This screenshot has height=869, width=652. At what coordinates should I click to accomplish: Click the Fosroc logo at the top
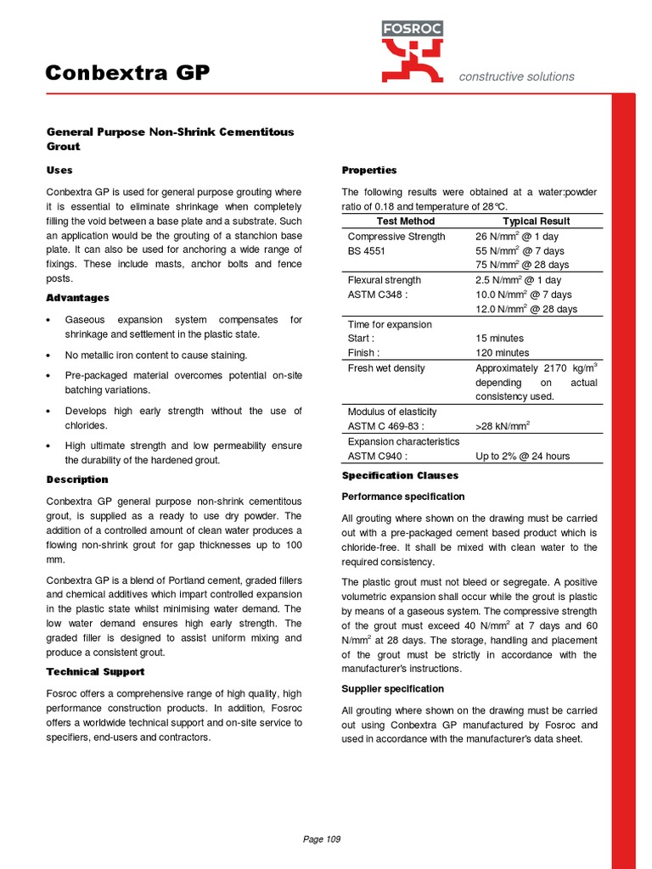tap(413, 52)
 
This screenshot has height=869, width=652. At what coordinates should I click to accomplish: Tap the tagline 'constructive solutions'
tap(516, 76)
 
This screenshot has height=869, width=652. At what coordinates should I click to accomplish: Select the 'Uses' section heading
tap(59, 171)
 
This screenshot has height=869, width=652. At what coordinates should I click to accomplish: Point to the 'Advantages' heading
tap(77, 298)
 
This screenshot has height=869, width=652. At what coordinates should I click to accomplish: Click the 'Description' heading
tap(77, 479)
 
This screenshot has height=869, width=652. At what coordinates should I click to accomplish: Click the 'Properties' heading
tap(369, 171)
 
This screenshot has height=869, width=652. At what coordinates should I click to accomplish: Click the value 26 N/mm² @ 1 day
tap(516, 237)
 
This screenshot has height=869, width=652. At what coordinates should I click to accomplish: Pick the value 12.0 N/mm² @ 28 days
tap(526, 309)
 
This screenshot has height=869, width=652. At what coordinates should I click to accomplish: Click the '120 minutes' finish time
tap(502, 352)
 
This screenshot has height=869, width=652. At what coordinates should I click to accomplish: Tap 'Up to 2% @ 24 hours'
tap(522, 456)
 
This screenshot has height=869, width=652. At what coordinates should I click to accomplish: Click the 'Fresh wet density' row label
tap(386, 368)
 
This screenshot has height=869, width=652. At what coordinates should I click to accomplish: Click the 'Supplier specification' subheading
tap(392, 688)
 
